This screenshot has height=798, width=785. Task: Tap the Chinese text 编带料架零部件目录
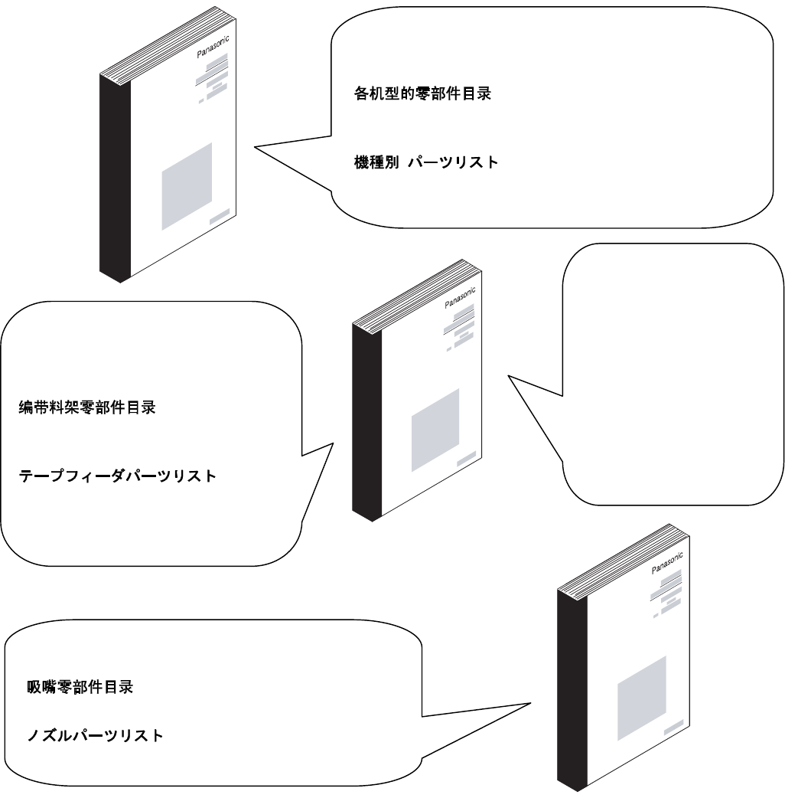(87, 408)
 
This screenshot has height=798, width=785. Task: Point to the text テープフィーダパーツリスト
(117, 476)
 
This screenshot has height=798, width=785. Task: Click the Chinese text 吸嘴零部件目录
(80, 687)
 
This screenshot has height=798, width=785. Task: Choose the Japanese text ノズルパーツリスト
(94, 736)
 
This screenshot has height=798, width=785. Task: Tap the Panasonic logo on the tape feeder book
(460, 295)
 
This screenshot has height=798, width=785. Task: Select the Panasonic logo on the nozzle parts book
(666, 563)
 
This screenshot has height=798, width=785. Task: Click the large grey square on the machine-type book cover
(187, 186)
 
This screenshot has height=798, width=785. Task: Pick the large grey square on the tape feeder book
(435, 430)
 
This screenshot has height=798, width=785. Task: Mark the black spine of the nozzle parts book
(572, 689)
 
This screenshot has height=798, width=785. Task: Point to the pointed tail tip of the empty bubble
(508, 375)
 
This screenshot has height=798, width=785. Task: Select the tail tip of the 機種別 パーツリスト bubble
(255, 149)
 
